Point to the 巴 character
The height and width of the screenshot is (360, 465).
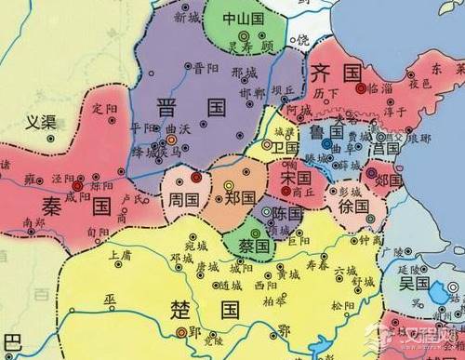coord(11,340)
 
